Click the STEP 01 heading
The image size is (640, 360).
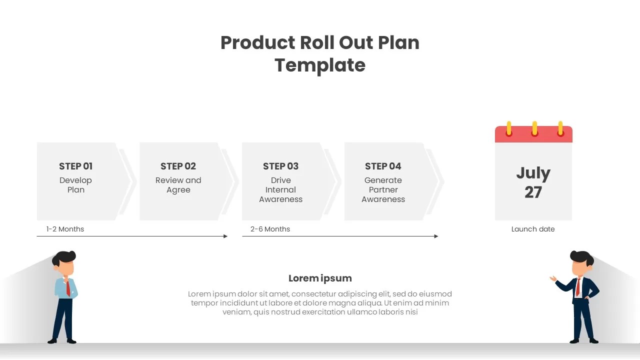pyautogui.click(x=75, y=166)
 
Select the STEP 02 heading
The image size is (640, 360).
pyautogui.click(x=178, y=166)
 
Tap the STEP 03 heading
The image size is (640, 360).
pyautogui.click(x=280, y=166)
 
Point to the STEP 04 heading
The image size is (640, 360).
pyautogui.click(x=383, y=166)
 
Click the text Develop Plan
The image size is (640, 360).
pyautogui.click(x=75, y=185)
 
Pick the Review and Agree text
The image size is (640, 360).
pyautogui.click(x=178, y=185)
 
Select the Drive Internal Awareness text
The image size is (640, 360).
pyautogui.click(x=280, y=189)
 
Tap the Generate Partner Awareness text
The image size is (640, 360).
pyautogui.click(x=383, y=189)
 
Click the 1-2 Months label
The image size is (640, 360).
pyautogui.click(x=65, y=229)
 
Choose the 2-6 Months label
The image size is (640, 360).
pyautogui.click(x=270, y=229)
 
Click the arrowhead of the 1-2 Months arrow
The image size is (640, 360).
pyautogui.click(x=225, y=236)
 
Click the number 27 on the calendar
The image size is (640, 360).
pyautogui.click(x=533, y=192)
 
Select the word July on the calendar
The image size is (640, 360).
pyautogui.click(x=533, y=173)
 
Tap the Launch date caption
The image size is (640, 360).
pyautogui.click(x=533, y=229)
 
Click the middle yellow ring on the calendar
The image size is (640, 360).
pyautogui.click(x=534, y=128)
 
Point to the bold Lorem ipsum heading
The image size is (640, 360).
pyautogui.click(x=320, y=278)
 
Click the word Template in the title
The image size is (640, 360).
pyautogui.click(x=320, y=65)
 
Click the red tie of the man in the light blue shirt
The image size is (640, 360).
pyautogui.click(x=67, y=288)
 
